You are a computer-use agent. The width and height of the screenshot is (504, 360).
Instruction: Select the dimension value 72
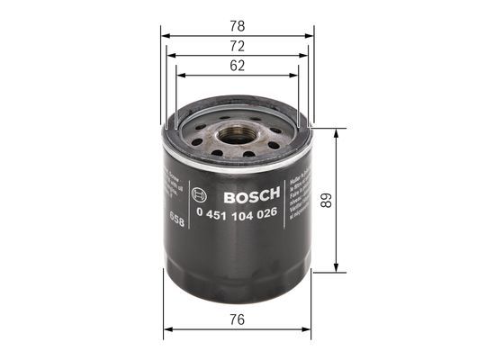coord(238,45)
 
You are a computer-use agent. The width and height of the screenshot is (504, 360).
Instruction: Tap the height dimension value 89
coord(352,200)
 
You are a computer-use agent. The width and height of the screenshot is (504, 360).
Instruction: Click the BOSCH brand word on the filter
coord(249,196)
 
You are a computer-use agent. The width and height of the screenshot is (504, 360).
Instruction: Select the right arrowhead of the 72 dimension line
coord(302,56)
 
